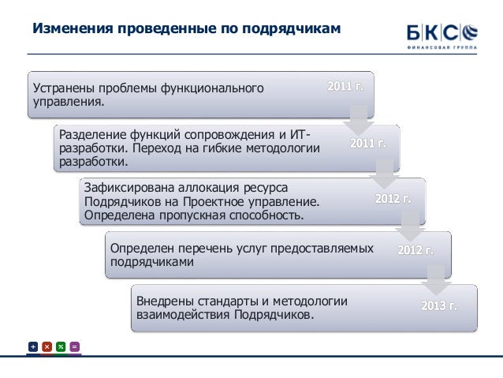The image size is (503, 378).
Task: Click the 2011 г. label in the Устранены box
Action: coord(345,85)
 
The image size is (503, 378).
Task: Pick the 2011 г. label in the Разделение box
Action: coord(368,143)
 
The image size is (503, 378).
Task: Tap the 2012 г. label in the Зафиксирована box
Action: coord(393,199)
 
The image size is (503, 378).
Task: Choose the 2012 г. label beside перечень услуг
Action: coord(415,250)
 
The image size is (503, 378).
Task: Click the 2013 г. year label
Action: coord(439,305)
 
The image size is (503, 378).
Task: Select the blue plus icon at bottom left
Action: coord(33,346)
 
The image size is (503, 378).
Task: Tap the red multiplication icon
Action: coord(47,346)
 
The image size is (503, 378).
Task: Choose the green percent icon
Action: coord(61,346)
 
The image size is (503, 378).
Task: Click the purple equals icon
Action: coord(74,346)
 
